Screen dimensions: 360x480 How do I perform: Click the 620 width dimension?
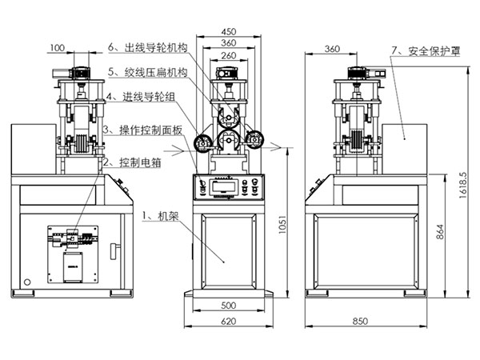229,321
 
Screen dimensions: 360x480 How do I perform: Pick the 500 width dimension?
229,306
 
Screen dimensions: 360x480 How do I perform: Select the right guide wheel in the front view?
255,138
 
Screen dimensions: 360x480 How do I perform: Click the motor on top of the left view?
78,70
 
